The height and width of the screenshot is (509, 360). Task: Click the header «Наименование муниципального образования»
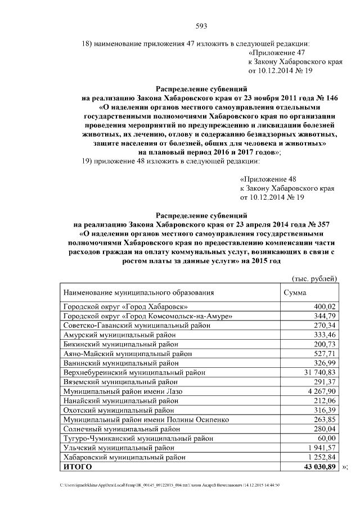138,293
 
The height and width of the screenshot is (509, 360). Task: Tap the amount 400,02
324,307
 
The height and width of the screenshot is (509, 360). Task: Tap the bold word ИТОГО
77,467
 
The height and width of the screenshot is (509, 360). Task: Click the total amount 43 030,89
319,467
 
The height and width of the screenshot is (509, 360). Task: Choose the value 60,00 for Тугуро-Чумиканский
326,438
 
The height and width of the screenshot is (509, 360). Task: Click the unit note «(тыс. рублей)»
314,278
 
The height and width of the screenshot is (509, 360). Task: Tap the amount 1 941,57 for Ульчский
320,448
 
